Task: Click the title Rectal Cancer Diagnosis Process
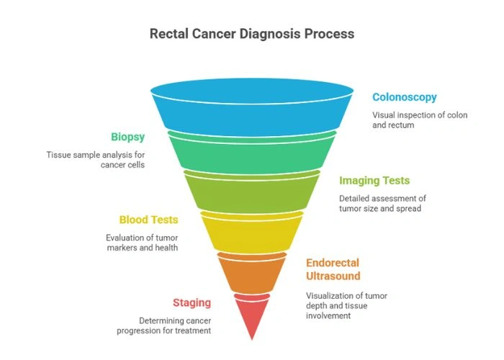[x=251, y=34]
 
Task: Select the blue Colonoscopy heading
[x=404, y=97]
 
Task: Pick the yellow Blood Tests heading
[x=148, y=220]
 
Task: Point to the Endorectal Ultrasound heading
[x=333, y=269]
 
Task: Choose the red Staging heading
[x=192, y=302]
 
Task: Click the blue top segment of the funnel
[x=251, y=108]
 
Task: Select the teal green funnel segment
[x=251, y=153]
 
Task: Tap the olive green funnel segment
[x=251, y=192]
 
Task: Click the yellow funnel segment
[x=251, y=232]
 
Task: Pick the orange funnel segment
[x=251, y=272]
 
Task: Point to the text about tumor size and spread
[x=382, y=204]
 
